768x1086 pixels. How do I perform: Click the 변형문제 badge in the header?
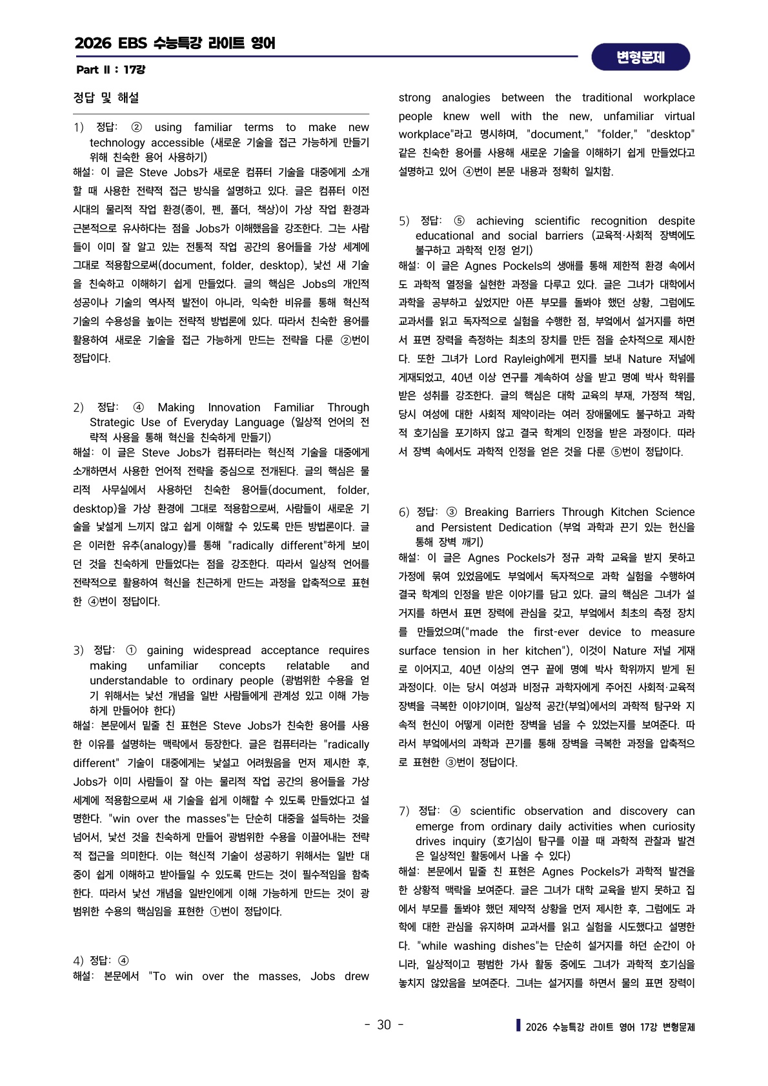(640, 57)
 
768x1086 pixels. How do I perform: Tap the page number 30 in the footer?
(384, 1025)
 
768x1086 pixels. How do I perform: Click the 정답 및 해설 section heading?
(106, 98)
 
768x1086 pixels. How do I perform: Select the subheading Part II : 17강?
(110, 70)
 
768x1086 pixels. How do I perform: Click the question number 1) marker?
(78, 128)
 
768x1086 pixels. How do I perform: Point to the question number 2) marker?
(78, 408)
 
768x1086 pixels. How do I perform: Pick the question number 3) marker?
(78, 651)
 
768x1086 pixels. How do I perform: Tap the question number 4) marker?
(78, 961)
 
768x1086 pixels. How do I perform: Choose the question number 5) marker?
(404, 221)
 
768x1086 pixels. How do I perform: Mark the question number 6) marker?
(404, 513)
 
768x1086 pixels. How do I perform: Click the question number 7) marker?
(404, 812)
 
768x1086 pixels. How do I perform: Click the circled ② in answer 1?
(137, 128)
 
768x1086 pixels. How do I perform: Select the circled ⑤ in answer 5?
(459, 221)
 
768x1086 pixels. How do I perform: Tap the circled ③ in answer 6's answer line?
(451, 513)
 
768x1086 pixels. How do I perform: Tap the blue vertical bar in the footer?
(518, 1025)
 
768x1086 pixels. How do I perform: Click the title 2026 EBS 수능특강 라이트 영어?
(175, 43)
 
